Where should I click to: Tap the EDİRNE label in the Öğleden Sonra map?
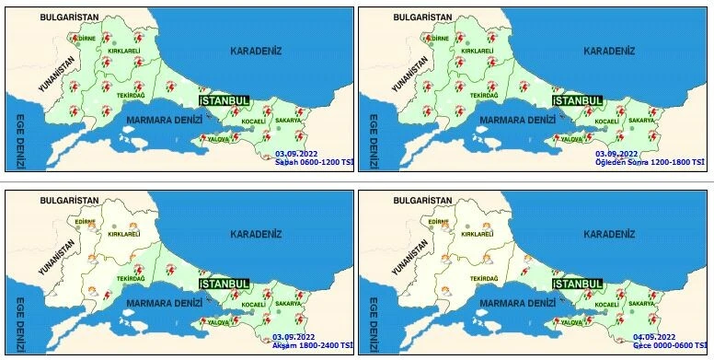441,40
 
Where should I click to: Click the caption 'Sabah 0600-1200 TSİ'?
313,162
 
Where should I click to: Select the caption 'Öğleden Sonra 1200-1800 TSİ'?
651,162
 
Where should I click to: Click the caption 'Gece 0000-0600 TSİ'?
668,346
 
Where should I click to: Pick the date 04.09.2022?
654,337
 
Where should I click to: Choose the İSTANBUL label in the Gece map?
578,284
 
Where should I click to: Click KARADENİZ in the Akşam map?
256,234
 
